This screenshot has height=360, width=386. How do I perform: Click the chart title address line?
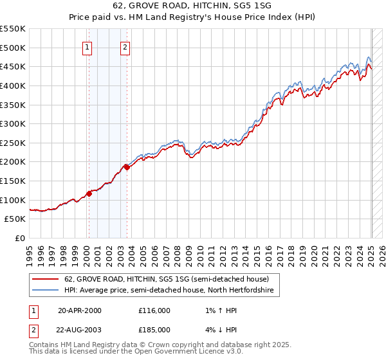[x=193, y=6]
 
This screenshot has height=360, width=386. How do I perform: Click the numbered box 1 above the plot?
[x=87, y=46]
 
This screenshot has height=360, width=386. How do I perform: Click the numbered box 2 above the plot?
[x=125, y=46]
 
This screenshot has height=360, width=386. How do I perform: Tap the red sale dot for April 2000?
[x=89, y=194]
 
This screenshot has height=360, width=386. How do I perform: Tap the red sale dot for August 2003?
[x=127, y=168]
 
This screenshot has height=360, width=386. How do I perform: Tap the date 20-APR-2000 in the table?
[x=80, y=310]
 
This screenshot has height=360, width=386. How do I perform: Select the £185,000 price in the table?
[x=154, y=330]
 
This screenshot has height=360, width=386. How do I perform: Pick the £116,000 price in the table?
[x=154, y=310]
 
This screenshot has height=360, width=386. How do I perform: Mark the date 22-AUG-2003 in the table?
[x=80, y=330]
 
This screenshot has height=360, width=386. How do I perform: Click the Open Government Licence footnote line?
[x=136, y=352]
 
